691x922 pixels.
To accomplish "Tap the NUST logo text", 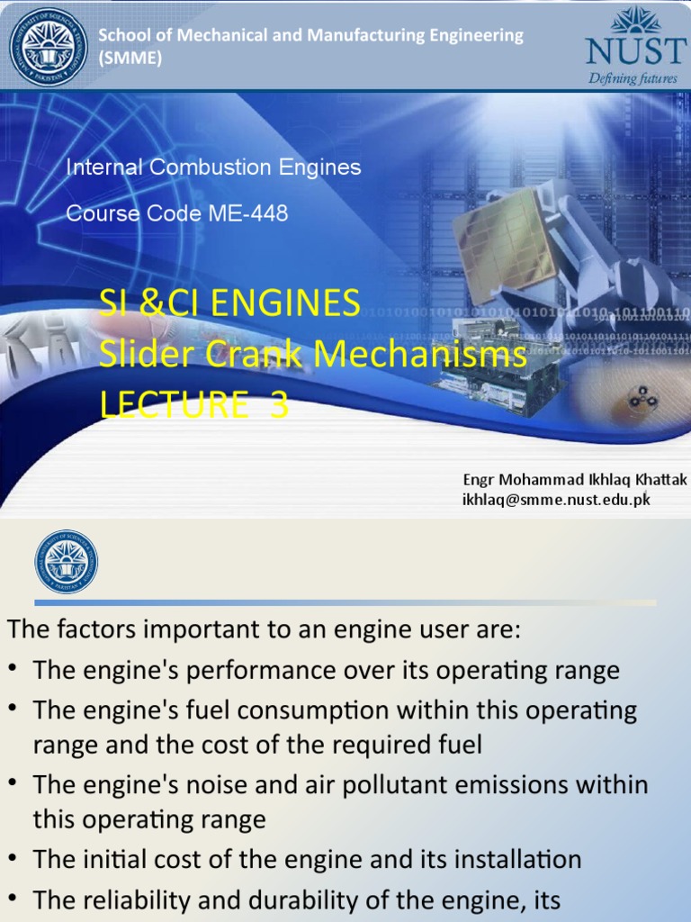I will pos(634,51).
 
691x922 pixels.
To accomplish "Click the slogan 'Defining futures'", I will pos(633,78).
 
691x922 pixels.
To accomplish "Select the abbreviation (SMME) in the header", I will pos(130,58).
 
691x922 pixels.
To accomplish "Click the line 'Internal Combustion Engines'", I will pos(213,167).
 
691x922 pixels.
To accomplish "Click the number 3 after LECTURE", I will pos(280,405).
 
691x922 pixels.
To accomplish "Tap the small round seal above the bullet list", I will pos(66,562).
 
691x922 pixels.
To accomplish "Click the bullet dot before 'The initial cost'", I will pos(13,860).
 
